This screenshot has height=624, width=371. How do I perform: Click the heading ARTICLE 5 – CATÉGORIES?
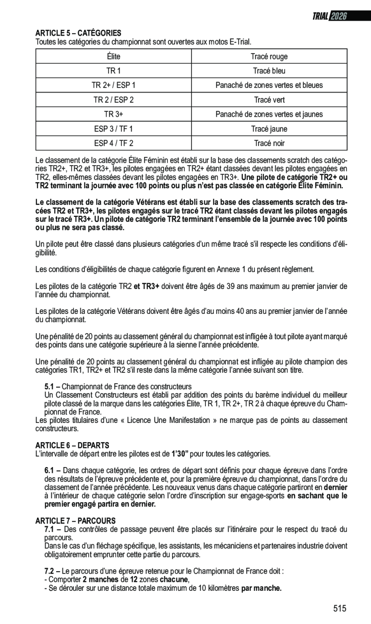click(78, 33)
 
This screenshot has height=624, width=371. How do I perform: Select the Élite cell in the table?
click(114, 57)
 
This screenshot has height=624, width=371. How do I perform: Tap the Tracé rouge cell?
click(269, 57)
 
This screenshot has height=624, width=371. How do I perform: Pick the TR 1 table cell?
click(114, 71)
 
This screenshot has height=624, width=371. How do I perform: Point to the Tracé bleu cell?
click(269, 71)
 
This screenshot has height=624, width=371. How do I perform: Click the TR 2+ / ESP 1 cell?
click(114, 85)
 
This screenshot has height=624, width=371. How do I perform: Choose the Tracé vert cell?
click(269, 100)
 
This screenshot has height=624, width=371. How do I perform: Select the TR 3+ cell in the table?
click(114, 114)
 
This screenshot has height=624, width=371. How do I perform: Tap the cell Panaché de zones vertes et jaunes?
click(269, 114)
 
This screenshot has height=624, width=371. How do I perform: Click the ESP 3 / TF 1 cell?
click(114, 129)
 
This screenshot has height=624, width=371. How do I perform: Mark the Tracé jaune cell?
click(269, 129)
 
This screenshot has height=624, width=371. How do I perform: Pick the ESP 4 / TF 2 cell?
click(114, 143)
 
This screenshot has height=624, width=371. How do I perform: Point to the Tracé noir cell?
click(269, 143)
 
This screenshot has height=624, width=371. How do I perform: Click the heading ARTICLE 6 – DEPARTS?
click(72, 445)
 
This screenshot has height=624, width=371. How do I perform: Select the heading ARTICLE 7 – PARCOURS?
click(75, 520)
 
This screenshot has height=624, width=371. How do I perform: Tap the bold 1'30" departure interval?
click(180, 453)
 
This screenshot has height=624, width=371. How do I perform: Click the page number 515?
click(339, 609)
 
